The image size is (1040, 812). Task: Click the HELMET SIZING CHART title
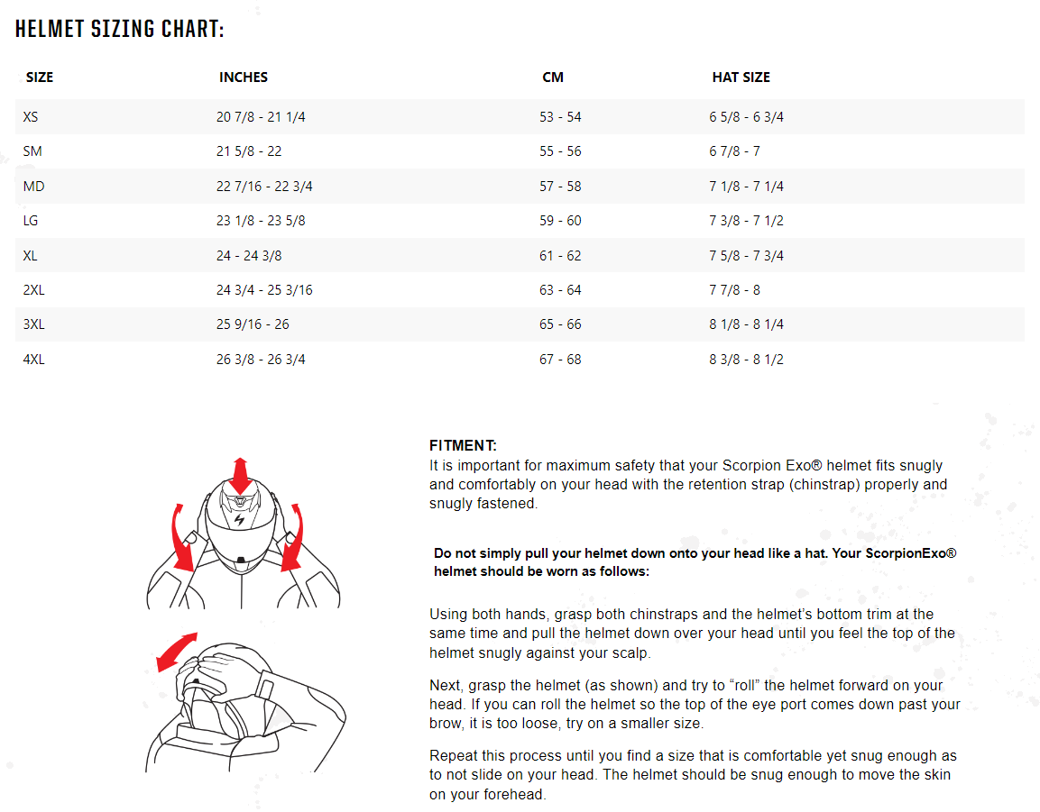(x=120, y=30)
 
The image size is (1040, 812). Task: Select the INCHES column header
(x=244, y=78)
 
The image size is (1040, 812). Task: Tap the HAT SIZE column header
(x=741, y=78)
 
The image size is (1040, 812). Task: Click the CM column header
(x=553, y=78)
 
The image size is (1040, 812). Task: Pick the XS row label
(x=31, y=117)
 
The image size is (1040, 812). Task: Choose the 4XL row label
(x=33, y=360)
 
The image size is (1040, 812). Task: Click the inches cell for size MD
(x=264, y=187)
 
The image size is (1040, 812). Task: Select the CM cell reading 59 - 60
(x=560, y=221)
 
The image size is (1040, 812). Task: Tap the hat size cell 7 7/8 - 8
(x=734, y=290)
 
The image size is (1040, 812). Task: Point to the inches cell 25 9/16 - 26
(x=253, y=324)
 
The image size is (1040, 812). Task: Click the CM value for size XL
(x=560, y=256)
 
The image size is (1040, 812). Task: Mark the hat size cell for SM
(x=734, y=151)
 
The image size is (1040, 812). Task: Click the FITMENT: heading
(x=463, y=445)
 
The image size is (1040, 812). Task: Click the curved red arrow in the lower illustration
(x=176, y=652)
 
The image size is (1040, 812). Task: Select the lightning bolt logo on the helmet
(x=239, y=521)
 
